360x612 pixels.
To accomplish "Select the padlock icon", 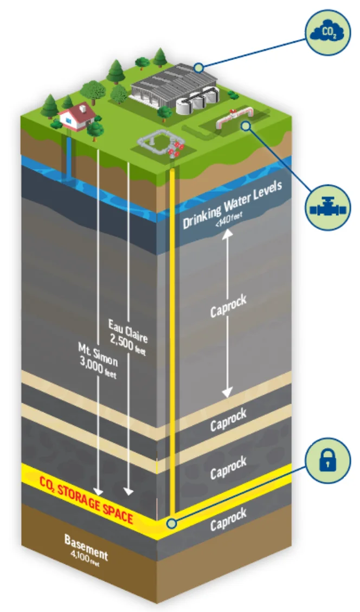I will click(x=327, y=459).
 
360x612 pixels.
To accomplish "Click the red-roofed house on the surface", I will click(x=74, y=117).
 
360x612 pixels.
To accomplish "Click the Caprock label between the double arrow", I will click(x=228, y=306).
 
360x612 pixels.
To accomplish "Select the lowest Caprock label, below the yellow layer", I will click(x=228, y=518).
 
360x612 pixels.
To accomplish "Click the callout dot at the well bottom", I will click(x=172, y=524).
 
